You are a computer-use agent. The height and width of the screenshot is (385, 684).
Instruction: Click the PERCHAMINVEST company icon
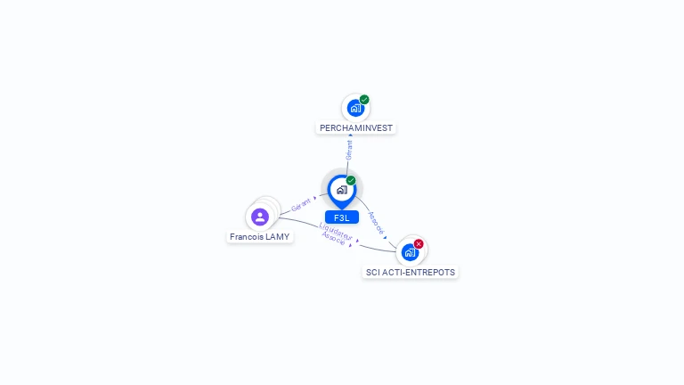(355, 109)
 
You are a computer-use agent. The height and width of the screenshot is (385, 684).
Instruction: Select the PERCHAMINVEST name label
(356, 128)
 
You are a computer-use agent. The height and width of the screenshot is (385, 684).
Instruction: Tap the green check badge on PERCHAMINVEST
(364, 100)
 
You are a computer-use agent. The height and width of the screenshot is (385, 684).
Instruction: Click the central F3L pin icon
(341, 190)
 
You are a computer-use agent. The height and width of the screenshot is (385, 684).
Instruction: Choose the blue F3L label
(341, 217)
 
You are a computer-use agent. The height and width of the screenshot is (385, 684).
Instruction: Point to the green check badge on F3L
(351, 181)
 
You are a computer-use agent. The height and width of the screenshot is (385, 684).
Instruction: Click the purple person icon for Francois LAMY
(260, 217)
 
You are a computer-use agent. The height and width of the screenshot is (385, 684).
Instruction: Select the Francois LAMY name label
(259, 237)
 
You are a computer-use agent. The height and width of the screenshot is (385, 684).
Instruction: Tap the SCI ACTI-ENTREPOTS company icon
(410, 252)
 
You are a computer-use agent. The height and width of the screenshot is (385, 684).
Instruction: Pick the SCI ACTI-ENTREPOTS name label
(411, 272)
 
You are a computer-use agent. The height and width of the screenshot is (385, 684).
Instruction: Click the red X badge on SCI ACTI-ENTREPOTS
(419, 243)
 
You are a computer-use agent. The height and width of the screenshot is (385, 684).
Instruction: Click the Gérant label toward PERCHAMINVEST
(349, 150)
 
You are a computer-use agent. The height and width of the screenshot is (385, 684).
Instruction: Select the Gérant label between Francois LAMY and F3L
(301, 204)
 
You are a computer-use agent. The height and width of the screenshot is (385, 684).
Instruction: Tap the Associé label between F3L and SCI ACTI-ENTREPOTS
(376, 223)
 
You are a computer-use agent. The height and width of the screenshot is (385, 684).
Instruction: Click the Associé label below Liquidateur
(334, 238)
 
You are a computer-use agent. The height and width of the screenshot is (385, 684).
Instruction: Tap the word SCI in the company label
(373, 272)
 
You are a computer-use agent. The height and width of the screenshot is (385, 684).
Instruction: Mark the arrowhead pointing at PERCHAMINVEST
(350, 135)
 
